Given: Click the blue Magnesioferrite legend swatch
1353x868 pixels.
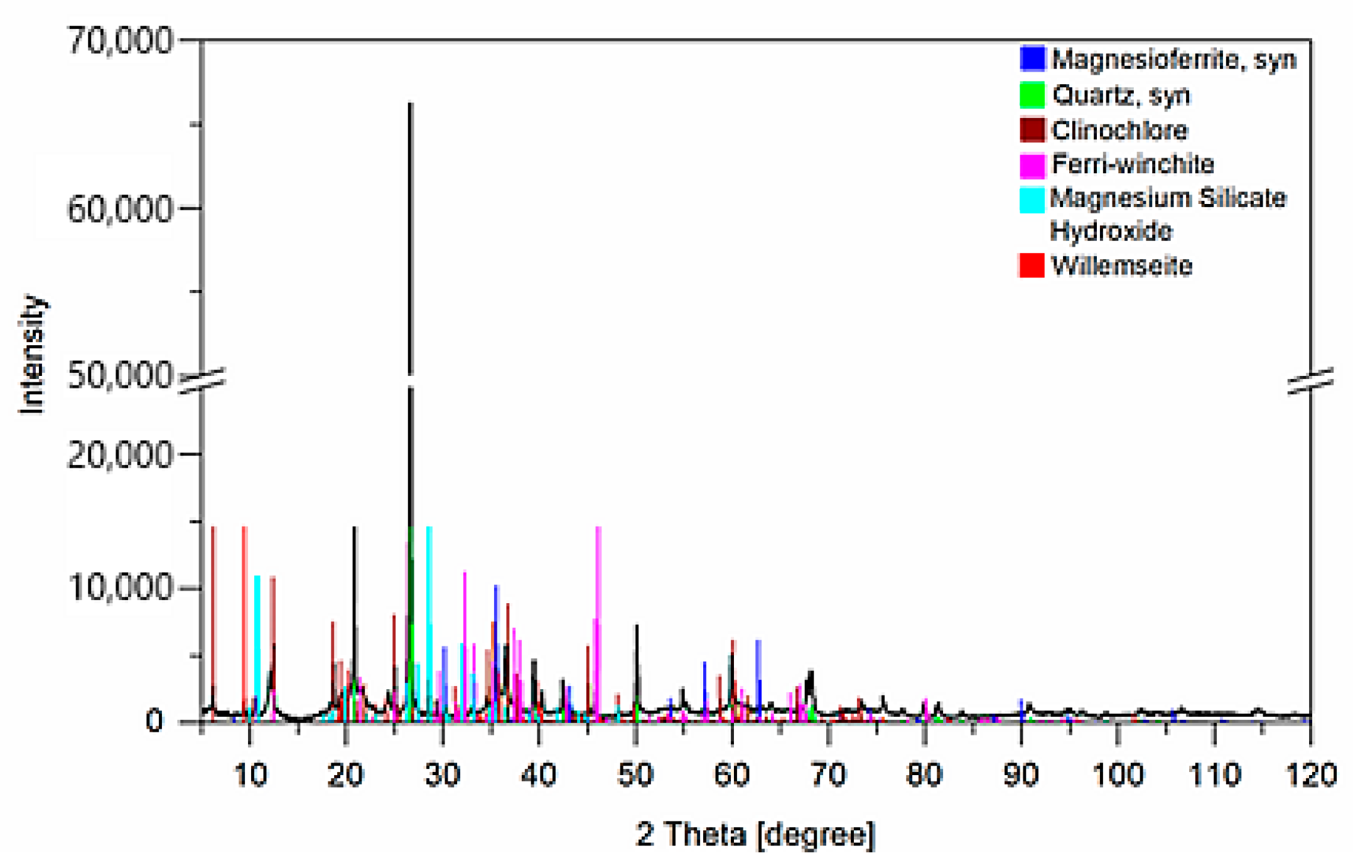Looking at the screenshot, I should click(x=1032, y=58).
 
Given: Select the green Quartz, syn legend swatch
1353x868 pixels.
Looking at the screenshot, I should click(x=1032, y=95).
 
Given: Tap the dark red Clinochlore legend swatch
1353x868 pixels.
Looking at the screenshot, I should click(x=1032, y=130).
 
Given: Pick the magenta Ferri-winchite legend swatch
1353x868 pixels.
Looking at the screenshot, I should click(x=1032, y=165).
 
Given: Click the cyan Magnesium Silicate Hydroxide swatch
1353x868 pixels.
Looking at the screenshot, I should click(x=1032, y=200).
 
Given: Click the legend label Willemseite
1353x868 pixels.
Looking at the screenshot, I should click(x=1121, y=266).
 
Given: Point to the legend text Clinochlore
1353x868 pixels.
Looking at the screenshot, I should click(x=1119, y=131).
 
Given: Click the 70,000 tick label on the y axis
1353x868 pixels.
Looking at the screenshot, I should click(x=119, y=41).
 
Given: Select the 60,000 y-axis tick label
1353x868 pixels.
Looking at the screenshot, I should click(x=119, y=209).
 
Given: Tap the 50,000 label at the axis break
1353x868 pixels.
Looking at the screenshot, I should click(x=119, y=376).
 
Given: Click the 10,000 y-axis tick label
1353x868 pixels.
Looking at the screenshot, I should click(x=119, y=588).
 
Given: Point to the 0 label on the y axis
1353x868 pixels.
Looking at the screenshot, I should click(x=154, y=722).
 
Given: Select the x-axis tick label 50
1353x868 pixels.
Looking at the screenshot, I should click(x=635, y=776).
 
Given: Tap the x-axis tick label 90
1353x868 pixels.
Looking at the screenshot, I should click(x=1021, y=776).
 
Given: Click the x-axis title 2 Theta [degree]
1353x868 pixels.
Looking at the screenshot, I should click(x=755, y=835).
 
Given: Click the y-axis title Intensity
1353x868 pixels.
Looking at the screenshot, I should click(x=33, y=355).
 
